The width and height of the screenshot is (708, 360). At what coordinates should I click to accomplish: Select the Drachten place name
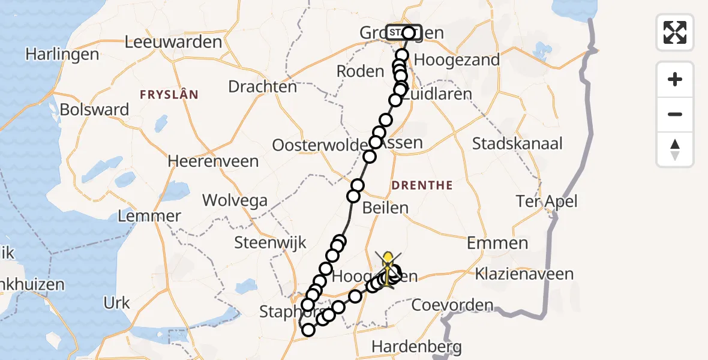pos(262,86)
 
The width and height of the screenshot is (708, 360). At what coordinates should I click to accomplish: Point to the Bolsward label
pos(94,110)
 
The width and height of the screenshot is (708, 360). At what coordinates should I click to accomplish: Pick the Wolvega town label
pos(234,200)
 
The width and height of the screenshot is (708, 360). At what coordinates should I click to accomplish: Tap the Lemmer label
pos(149,216)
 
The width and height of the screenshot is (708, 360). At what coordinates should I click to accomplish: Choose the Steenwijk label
pos(270,243)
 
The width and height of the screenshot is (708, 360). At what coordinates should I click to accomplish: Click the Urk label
pos(116,303)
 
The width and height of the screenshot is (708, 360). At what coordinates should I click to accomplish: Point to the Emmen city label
pos(497,243)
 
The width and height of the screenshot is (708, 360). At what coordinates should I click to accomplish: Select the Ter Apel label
pos(547,201)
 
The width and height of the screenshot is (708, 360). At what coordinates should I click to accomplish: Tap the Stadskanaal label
pos(517,143)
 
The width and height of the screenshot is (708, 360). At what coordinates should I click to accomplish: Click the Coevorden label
pos(452,305)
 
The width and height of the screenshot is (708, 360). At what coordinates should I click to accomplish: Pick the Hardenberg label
pos(416,346)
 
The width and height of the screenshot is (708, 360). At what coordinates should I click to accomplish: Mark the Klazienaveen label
pos(524,274)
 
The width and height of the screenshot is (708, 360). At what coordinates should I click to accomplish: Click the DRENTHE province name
pos(422,185)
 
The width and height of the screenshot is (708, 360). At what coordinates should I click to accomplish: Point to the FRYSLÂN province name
pos(169,95)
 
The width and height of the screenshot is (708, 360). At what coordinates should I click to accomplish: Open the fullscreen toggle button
pos(675,32)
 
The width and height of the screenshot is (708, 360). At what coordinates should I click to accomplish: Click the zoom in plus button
pos(675,79)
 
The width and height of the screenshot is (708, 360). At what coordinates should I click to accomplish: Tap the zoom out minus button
pos(675,114)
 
